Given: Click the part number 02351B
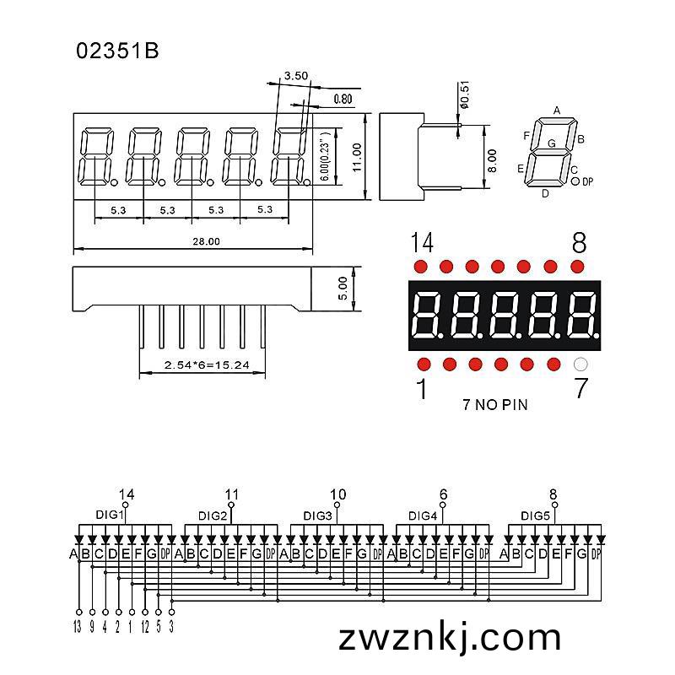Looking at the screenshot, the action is pos(117,51).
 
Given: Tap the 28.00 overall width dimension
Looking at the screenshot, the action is pos(206,241).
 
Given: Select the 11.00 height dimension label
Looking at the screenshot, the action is pos(357,158).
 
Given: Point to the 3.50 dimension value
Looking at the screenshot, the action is pos(296,76).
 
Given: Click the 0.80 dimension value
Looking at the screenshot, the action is pos(343,100).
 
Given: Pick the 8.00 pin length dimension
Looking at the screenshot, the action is pos(493,160).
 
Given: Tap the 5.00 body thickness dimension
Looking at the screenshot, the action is pos(343,288).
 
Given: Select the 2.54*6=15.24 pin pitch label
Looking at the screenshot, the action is pos(207,365).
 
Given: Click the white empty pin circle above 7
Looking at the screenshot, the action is pos(580,364).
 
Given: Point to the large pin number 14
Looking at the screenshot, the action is pos(422,242).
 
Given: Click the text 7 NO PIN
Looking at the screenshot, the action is pos(495,405).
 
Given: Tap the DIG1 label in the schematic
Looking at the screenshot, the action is pos(110,515).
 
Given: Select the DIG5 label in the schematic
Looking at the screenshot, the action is pos(535,516).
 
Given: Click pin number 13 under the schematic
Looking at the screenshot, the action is pos(78,627).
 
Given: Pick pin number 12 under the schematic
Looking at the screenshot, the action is pos(145,627).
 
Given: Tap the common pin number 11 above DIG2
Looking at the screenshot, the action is pos(231,494).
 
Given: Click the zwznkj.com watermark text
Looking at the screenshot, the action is pos(450,639).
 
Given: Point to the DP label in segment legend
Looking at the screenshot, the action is pos(587,182).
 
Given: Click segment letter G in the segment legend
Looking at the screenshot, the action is pos(552,143).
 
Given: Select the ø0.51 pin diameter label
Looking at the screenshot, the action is pos(465,94).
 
